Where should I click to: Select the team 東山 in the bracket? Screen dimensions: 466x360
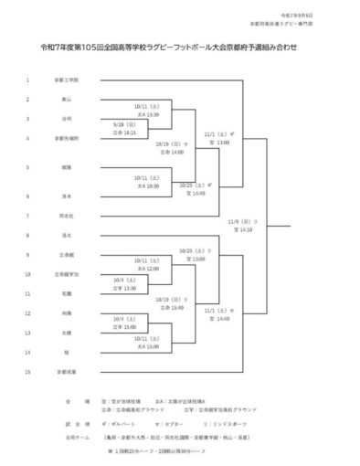pyautogui.click(x=66, y=99)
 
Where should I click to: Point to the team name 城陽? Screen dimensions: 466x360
pyautogui.click(x=66, y=167)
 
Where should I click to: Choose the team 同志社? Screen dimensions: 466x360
pyautogui.click(x=66, y=217)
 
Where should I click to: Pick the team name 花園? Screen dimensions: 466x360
pyautogui.click(x=66, y=293)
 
